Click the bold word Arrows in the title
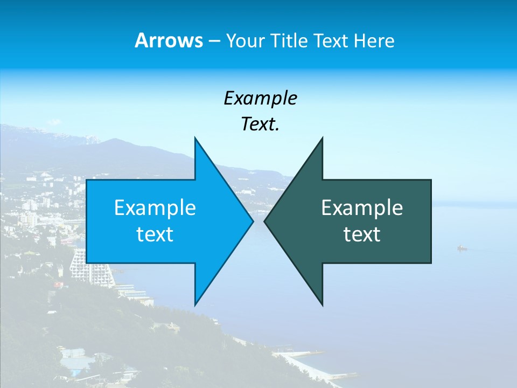(169, 40)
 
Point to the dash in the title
(214, 41)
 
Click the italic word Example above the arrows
(260, 98)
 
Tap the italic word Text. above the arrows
(260, 124)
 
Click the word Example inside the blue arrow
(155, 208)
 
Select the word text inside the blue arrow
(155, 234)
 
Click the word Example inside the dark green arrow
(362, 208)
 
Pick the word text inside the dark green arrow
(362, 234)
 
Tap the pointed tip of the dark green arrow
(265, 221)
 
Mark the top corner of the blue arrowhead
(195, 138)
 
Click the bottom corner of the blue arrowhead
(195, 304)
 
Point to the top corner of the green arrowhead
(322, 138)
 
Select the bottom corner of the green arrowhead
(322, 304)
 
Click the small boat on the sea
(462, 248)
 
